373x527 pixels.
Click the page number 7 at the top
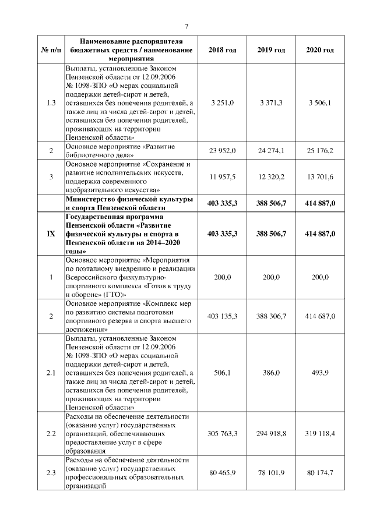(186, 26)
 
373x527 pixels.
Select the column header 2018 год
(222, 51)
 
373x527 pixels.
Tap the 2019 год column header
(271, 51)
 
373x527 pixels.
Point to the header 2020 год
(320, 51)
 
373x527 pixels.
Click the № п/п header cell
(51, 51)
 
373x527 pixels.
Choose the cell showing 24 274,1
(271, 151)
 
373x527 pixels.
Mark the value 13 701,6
(320, 176)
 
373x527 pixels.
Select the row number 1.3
(51, 103)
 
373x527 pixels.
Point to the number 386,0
(271, 373)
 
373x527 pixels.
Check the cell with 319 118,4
(320, 434)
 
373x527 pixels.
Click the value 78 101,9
(271, 473)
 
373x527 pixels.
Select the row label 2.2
(51, 434)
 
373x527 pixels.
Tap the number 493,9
(320, 373)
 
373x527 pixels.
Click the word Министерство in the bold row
(90, 200)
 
